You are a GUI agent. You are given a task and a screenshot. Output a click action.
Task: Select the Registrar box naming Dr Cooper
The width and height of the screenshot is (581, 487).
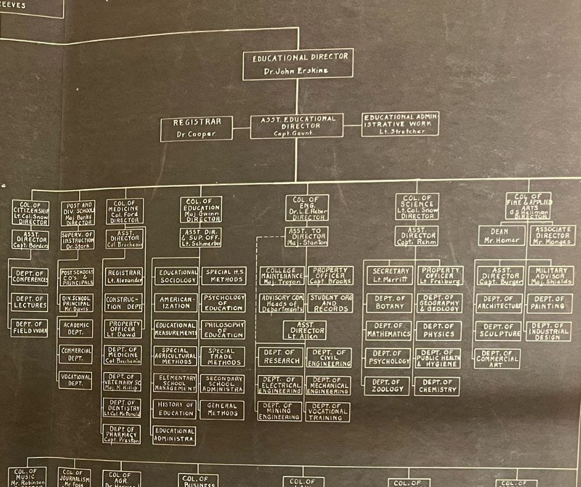coord(197,128)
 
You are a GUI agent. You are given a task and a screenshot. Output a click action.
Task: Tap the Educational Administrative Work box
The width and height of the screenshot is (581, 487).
coord(401,124)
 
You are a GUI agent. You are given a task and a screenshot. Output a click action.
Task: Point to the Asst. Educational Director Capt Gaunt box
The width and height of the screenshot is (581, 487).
coord(296,125)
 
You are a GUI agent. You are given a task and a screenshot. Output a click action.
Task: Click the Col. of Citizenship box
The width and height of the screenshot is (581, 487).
coord(30,212)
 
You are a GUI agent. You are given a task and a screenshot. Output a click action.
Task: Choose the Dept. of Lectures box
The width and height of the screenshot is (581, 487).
coord(30,302)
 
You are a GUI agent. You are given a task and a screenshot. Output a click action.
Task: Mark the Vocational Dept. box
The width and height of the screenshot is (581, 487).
coord(75,379)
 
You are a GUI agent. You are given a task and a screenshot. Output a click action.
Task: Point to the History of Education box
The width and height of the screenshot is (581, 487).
coord(175,409)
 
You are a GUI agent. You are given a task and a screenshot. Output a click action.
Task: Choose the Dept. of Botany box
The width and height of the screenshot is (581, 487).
coord(389,302)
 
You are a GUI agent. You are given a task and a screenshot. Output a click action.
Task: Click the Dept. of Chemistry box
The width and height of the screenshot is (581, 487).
coord(438,386)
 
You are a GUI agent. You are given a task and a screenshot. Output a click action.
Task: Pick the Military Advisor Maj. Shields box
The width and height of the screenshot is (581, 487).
coord(550,276)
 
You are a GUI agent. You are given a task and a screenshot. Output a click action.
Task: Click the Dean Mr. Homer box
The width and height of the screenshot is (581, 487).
coord(500,236)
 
